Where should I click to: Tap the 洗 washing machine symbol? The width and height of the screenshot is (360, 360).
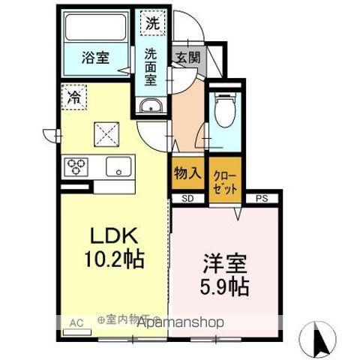[153, 22]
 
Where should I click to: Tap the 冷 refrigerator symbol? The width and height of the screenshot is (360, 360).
[74, 97]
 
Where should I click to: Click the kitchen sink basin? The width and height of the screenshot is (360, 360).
[118, 166]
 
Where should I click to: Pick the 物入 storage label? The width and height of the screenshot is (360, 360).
[188, 173]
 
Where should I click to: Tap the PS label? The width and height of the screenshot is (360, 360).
[262, 198]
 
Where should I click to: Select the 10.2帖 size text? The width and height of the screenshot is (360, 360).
[114, 260]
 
